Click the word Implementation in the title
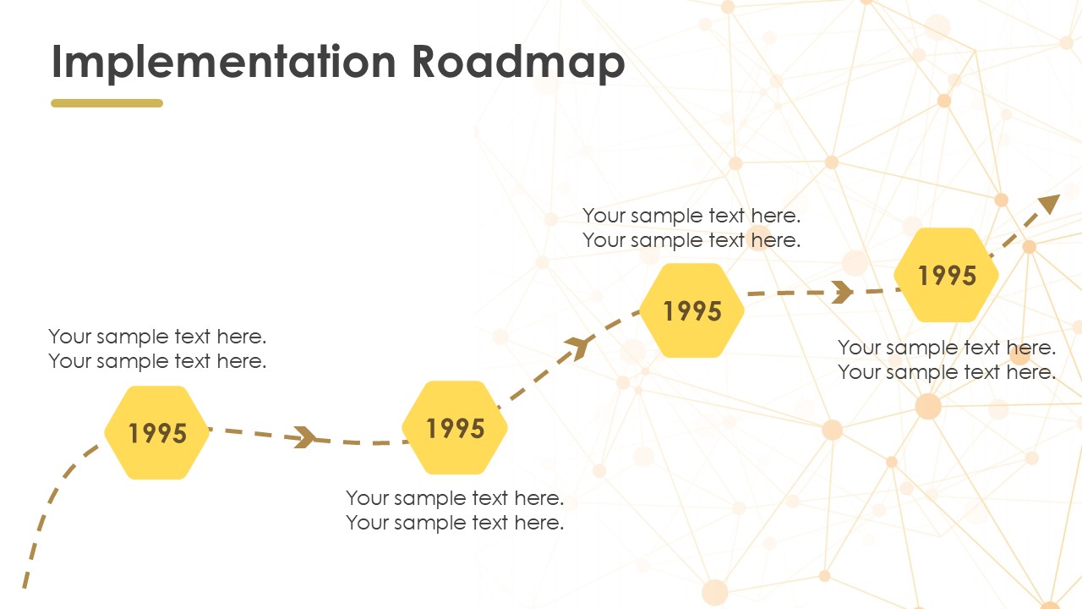point(224,62)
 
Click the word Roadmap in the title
point(519,62)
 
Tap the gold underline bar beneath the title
point(107,103)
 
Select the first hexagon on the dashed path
point(157,432)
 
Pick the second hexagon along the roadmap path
point(455,428)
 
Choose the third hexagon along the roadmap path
point(692,310)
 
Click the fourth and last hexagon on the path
point(946,275)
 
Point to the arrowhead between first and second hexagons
point(305,437)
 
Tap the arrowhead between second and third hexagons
point(579,347)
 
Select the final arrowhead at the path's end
point(1050,204)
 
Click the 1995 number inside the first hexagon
point(157,433)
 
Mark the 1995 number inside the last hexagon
point(947,276)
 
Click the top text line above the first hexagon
point(157,337)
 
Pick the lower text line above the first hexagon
point(157,361)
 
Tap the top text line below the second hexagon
point(455,498)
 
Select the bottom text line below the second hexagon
point(455,523)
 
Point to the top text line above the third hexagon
point(691,216)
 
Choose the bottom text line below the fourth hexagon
point(947,372)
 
